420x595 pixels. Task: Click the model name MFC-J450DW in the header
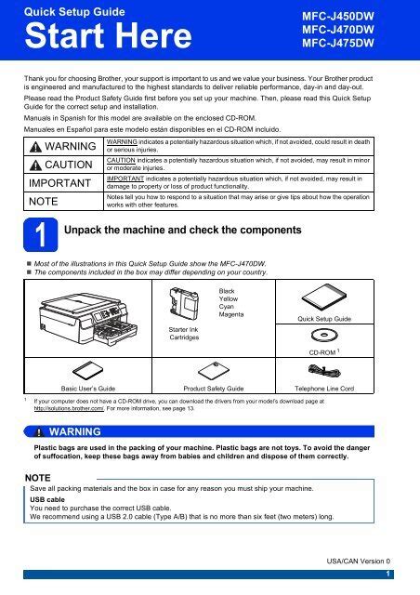click(338, 17)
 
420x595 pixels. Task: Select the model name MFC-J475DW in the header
click(338, 43)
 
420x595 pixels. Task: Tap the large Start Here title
click(108, 35)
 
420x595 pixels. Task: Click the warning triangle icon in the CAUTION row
click(35, 165)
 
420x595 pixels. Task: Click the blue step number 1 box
click(41, 235)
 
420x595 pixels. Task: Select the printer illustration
click(88, 318)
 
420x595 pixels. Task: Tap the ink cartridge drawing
click(184, 302)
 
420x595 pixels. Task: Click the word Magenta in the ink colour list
click(231, 314)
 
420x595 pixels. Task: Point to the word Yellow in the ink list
click(228, 299)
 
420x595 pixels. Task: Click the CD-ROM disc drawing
click(324, 335)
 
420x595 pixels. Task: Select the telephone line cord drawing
click(324, 370)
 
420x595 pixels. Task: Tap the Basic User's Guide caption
click(88, 389)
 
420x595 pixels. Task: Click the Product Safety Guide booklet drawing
click(214, 371)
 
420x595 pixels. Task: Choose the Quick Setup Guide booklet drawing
click(324, 297)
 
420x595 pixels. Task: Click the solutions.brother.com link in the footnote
click(69, 408)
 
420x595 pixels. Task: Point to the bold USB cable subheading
click(47, 499)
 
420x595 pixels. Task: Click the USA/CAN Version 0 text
click(358, 561)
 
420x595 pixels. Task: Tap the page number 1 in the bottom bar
click(387, 575)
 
